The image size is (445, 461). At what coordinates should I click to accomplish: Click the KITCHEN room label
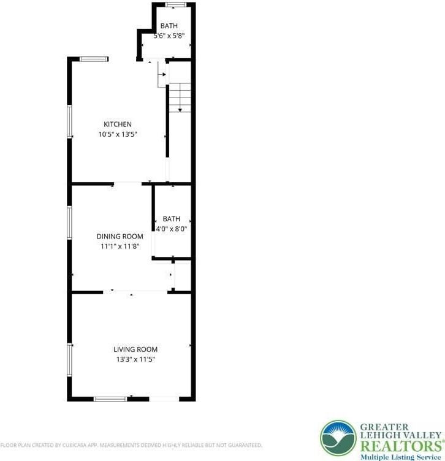click(x=117, y=124)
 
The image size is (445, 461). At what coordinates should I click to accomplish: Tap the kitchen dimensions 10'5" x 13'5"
click(x=117, y=134)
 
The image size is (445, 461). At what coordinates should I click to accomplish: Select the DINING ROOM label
click(x=120, y=237)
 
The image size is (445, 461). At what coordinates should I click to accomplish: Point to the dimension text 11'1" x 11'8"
click(x=120, y=246)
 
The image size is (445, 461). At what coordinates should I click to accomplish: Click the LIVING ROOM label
click(x=135, y=349)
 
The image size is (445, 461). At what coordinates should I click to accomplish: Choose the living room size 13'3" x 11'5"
click(x=135, y=359)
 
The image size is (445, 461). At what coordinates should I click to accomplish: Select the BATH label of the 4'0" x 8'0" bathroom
click(x=172, y=219)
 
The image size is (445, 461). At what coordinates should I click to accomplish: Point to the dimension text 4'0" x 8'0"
click(x=172, y=229)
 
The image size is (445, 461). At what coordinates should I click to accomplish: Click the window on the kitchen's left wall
click(x=70, y=121)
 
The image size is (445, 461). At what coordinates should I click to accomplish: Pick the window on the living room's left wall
click(x=70, y=359)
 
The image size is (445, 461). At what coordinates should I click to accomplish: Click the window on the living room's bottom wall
click(x=110, y=399)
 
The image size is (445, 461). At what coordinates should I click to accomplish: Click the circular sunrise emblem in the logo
click(x=338, y=438)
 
